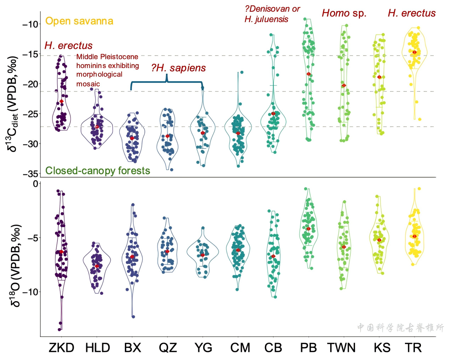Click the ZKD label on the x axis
(61, 348)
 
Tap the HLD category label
(98, 348)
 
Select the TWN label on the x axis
(341, 348)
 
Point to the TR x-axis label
(413, 348)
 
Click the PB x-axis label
(308, 348)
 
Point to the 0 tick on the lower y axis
(35, 184)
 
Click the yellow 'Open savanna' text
(79, 21)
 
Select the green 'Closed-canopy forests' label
(98, 171)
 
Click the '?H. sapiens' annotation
(178, 68)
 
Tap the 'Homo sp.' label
(344, 13)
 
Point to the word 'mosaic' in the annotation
(88, 84)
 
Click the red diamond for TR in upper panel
(414, 52)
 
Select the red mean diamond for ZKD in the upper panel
(61, 101)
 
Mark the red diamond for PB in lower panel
(309, 229)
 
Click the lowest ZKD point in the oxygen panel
(60, 330)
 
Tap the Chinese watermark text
(400, 327)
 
